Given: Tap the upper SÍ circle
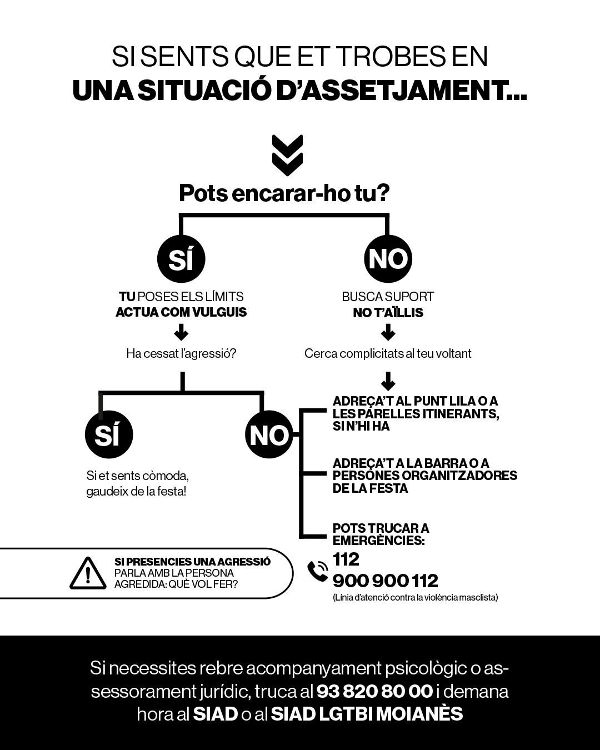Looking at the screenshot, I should pyautogui.click(x=181, y=259).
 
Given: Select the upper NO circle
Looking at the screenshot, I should pyautogui.click(x=388, y=259).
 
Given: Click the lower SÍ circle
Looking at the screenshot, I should pyautogui.click(x=109, y=435).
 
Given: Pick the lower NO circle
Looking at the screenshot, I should pyautogui.click(x=269, y=435).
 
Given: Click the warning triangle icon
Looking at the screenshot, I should pyautogui.click(x=88, y=573).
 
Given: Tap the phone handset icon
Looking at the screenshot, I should pyautogui.click(x=318, y=571).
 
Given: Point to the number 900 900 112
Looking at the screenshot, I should pyautogui.click(x=385, y=581).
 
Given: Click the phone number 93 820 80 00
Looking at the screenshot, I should pyautogui.click(x=374, y=692).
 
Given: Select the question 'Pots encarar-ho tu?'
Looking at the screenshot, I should pyautogui.click(x=284, y=193).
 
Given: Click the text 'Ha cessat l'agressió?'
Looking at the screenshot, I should pyautogui.click(x=181, y=353).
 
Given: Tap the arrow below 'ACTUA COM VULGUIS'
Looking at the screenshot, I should pyautogui.click(x=181, y=333).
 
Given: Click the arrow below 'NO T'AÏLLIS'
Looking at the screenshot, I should pyautogui.click(x=388, y=333).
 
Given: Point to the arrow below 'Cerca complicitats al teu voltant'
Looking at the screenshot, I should pyautogui.click(x=388, y=382).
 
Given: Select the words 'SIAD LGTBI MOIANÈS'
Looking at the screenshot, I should pyautogui.click(x=367, y=714).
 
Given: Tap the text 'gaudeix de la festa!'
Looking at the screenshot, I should pyautogui.click(x=136, y=492).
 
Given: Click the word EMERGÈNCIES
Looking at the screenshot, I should pyautogui.click(x=378, y=541).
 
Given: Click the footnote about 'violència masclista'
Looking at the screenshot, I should pyautogui.click(x=415, y=598).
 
